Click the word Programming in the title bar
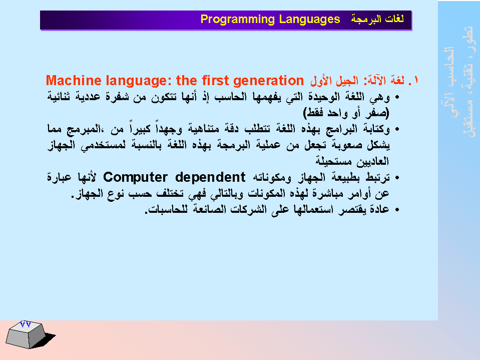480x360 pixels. click(238, 20)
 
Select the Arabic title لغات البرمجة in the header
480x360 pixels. click(377, 19)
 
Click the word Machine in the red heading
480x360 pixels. click(74, 81)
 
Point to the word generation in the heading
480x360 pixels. click(268, 81)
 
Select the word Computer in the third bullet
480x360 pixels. click(135, 178)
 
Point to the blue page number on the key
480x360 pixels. click(26, 324)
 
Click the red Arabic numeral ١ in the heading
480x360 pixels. click(415, 80)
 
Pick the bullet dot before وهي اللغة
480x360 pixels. click(397, 98)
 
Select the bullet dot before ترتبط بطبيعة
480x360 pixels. click(397, 178)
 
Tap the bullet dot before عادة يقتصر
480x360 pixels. click(397, 210)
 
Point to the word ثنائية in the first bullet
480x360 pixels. click(59, 97)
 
